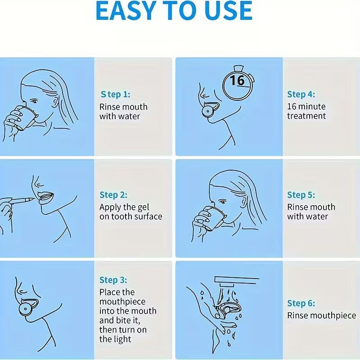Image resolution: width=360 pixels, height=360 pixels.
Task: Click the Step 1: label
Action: tap(115, 94)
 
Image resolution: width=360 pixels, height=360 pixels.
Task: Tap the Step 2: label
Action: tap(113, 195)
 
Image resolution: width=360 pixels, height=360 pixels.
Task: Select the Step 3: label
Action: tap(113, 280)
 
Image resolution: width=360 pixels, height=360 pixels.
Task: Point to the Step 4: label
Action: tap(301, 94)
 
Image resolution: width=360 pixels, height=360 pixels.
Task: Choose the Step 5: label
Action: tap(301, 195)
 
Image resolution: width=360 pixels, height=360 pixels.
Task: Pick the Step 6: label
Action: tap(301, 303)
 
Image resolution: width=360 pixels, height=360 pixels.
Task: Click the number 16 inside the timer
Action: tap(237, 81)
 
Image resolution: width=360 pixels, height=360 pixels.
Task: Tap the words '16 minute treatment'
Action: tap(306, 111)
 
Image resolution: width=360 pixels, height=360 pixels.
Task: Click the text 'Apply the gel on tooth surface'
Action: tap(130, 212)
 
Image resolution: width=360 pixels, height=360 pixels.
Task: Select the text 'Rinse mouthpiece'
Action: tap(321, 315)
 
